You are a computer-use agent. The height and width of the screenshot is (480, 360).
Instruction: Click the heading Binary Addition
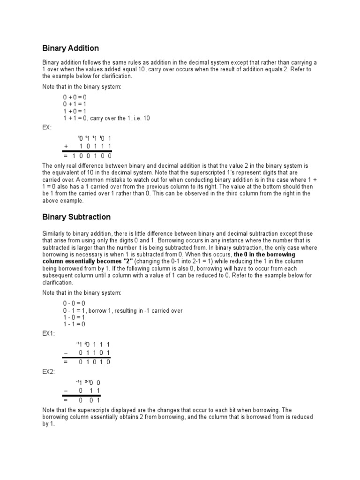[x=71, y=48]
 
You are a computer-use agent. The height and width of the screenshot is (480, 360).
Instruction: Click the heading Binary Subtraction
[x=76, y=217]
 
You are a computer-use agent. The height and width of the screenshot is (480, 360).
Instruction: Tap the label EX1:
[x=49, y=333]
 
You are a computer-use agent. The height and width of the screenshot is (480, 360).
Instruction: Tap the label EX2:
[x=49, y=372]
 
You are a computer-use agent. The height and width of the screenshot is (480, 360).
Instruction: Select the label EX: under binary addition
[x=47, y=127]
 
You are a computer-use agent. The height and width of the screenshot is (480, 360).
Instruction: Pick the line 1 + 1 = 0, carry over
[x=106, y=118]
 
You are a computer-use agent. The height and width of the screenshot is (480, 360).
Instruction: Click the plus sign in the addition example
[x=66, y=146]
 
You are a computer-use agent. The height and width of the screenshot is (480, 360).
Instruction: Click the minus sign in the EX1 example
[x=66, y=353]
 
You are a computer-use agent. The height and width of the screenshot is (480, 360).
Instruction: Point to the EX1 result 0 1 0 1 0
[x=95, y=362]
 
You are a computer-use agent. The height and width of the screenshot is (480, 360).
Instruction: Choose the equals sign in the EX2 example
[x=66, y=400]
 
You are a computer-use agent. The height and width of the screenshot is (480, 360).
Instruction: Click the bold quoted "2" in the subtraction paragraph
[x=127, y=261]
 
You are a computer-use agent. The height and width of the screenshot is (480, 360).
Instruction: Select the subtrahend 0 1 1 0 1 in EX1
[x=95, y=353]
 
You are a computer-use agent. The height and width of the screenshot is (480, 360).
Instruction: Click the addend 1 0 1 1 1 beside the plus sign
[x=95, y=146]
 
